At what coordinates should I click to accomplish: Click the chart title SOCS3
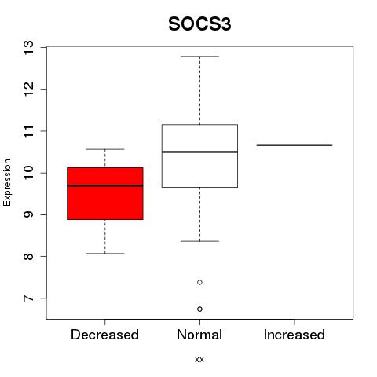pos(199,24)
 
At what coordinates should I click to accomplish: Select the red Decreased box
pos(105,193)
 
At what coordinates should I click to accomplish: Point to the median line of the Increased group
pos(295,145)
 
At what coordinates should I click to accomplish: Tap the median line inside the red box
pos(105,185)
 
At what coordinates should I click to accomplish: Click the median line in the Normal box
pos(199,152)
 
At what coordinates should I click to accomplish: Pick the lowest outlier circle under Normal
pos(199,309)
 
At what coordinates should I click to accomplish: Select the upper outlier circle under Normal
pos(199,282)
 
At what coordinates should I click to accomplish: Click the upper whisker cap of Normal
pos(199,57)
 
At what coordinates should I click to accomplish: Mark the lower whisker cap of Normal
pos(199,241)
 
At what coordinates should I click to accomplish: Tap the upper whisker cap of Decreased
pos(105,149)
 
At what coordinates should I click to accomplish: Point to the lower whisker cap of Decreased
pos(105,254)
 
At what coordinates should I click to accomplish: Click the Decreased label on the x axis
pos(104,335)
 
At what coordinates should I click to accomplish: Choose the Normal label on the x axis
pos(199,335)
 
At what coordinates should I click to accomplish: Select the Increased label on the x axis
pos(295,335)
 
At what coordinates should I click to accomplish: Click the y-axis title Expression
pos(7,182)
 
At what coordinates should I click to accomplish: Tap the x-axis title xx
pos(199,360)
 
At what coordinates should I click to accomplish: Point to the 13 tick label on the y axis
pos(28,47)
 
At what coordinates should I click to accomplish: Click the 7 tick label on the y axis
pos(28,298)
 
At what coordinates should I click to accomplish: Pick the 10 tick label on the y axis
pos(28,173)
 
